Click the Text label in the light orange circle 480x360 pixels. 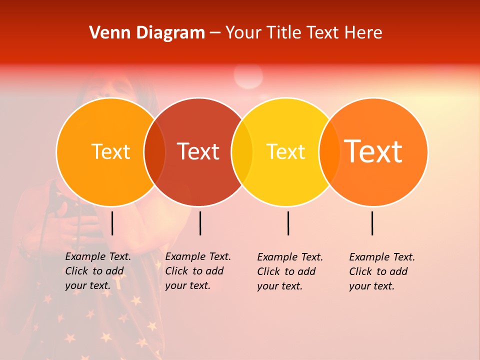110,151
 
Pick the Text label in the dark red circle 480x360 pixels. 198,151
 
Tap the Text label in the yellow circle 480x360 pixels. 285,151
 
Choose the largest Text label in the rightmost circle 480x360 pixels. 373,151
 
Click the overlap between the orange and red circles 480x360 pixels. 154,151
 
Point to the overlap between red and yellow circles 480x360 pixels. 242,151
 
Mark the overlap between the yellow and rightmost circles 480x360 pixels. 329,151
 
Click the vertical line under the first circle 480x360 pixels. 112,223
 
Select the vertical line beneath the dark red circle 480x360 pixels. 200,223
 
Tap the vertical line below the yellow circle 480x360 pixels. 288,223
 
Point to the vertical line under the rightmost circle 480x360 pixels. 372,223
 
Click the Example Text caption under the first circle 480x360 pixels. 98,271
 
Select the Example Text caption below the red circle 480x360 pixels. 198,271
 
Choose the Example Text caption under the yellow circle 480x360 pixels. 290,271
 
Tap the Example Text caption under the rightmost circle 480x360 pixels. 382,271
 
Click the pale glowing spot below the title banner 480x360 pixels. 248,76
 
